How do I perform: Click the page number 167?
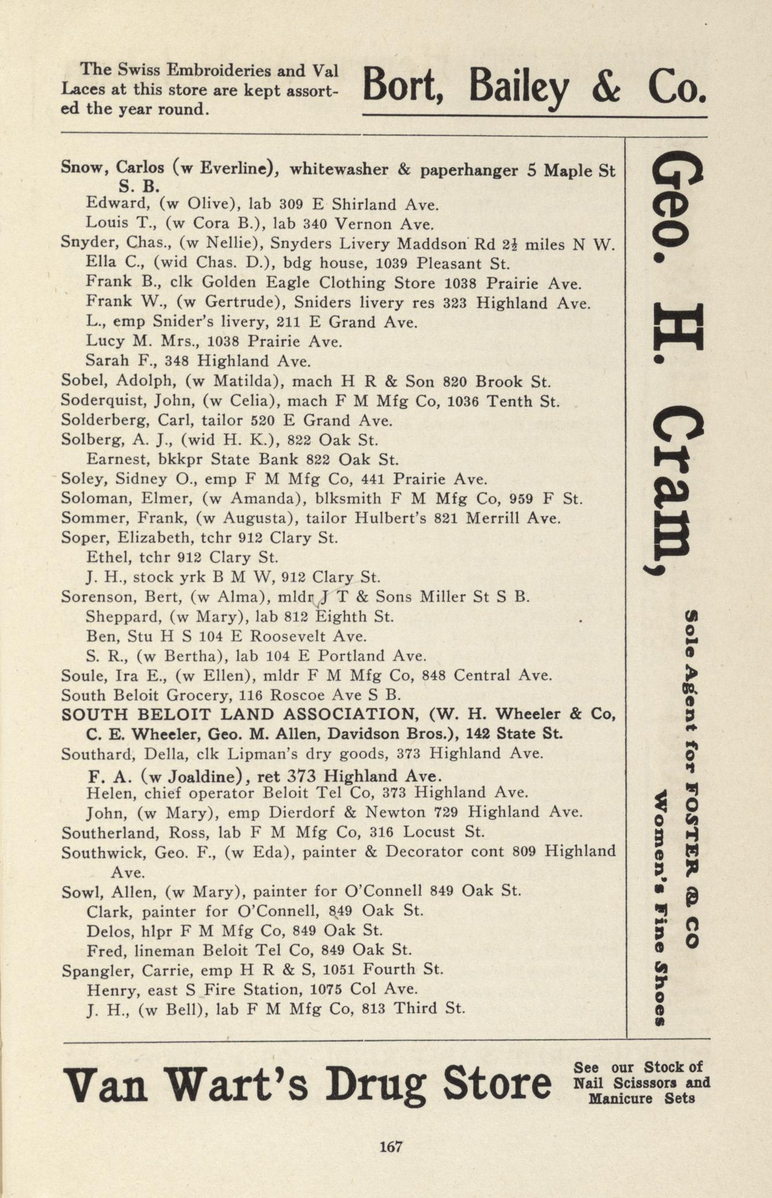click(391, 1146)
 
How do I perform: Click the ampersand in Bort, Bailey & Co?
click(607, 86)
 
